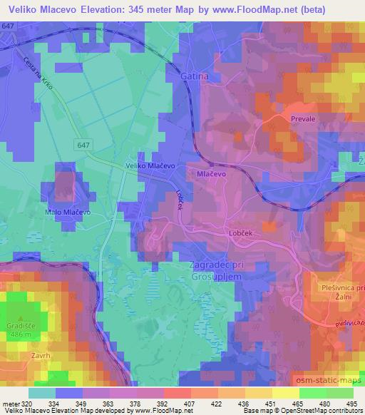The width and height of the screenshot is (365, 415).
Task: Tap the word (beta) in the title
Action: point(332,10)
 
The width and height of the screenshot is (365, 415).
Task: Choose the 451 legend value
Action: point(269,404)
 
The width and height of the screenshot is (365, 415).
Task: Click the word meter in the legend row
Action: point(10,404)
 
